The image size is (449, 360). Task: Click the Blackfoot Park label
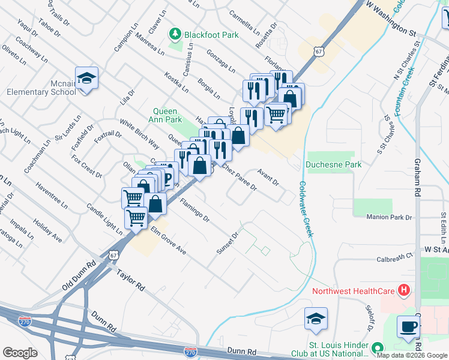pyautogui.click(x=211, y=35)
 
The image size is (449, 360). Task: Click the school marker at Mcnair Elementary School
pyautogui.click(x=86, y=79)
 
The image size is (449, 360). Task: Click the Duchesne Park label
pyautogui.click(x=333, y=164)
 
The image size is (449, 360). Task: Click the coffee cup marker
pyautogui.click(x=409, y=327)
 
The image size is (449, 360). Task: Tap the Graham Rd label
pyautogui.click(x=417, y=177)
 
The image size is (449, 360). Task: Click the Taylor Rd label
pyautogui.click(x=131, y=279)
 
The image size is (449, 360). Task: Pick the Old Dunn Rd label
pyautogui.click(x=79, y=276)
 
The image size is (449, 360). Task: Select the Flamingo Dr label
pyautogui.click(x=194, y=210)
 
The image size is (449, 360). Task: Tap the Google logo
pyautogui.click(x=20, y=353)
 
